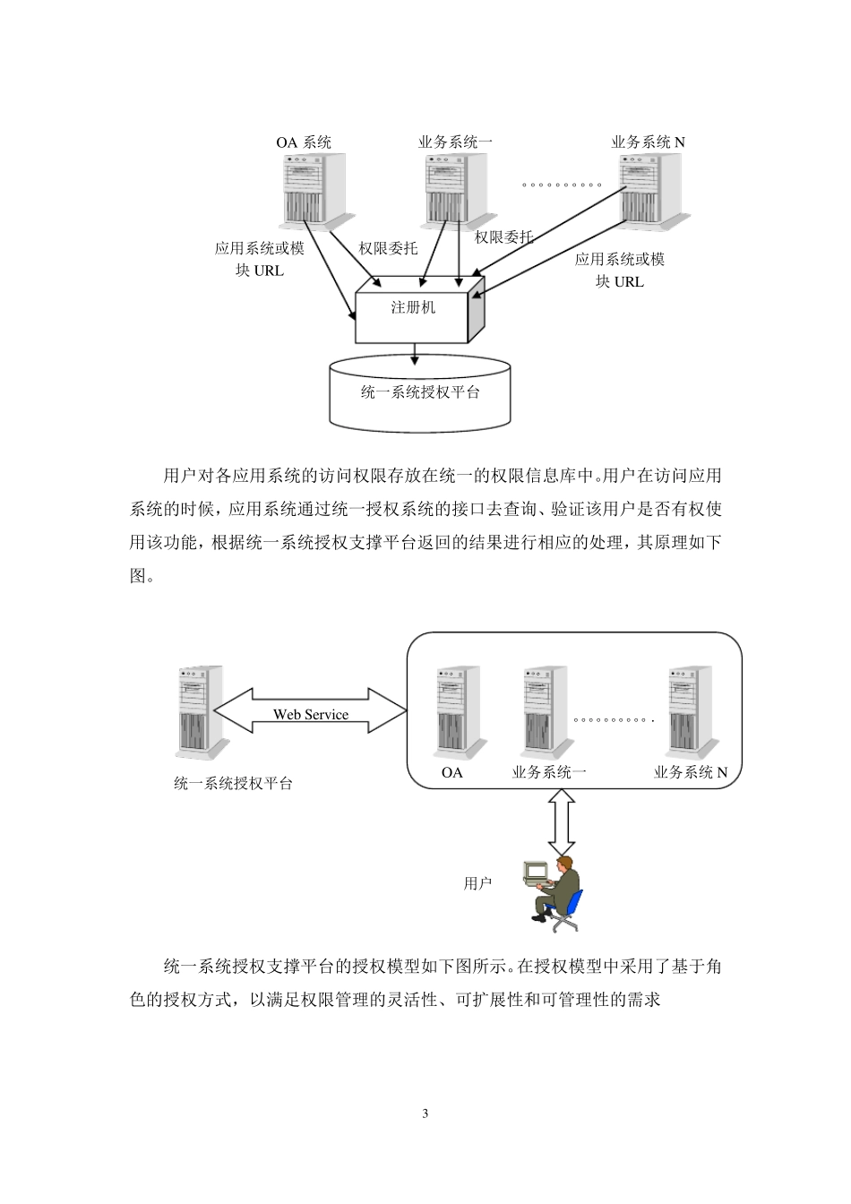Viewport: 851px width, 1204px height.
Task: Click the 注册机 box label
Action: tap(412, 307)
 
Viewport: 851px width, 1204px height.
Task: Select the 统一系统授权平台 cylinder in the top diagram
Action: tap(419, 392)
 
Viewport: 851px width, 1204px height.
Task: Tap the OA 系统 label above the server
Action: tap(304, 142)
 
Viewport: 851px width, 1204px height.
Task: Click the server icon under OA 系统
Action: tap(313, 189)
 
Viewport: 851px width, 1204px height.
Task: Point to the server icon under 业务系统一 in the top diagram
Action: tap(454, 189)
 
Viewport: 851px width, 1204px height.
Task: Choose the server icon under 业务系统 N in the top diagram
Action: tap(649, 189)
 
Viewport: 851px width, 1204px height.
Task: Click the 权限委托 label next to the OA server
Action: tap(388, 248)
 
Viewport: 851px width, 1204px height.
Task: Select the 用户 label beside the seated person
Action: tap(477, 883)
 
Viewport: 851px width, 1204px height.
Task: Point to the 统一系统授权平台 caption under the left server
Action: tap(233, 783)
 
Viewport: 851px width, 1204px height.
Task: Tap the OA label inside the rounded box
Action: tap(452, 772)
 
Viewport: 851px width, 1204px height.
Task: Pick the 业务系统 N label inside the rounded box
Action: tap(690, 772)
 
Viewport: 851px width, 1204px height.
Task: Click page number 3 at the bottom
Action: tap(425, 1114)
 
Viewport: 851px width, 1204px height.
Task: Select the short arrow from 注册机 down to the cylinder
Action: tap(414, 355)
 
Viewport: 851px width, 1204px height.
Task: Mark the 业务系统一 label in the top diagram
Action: tap(455, 142)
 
